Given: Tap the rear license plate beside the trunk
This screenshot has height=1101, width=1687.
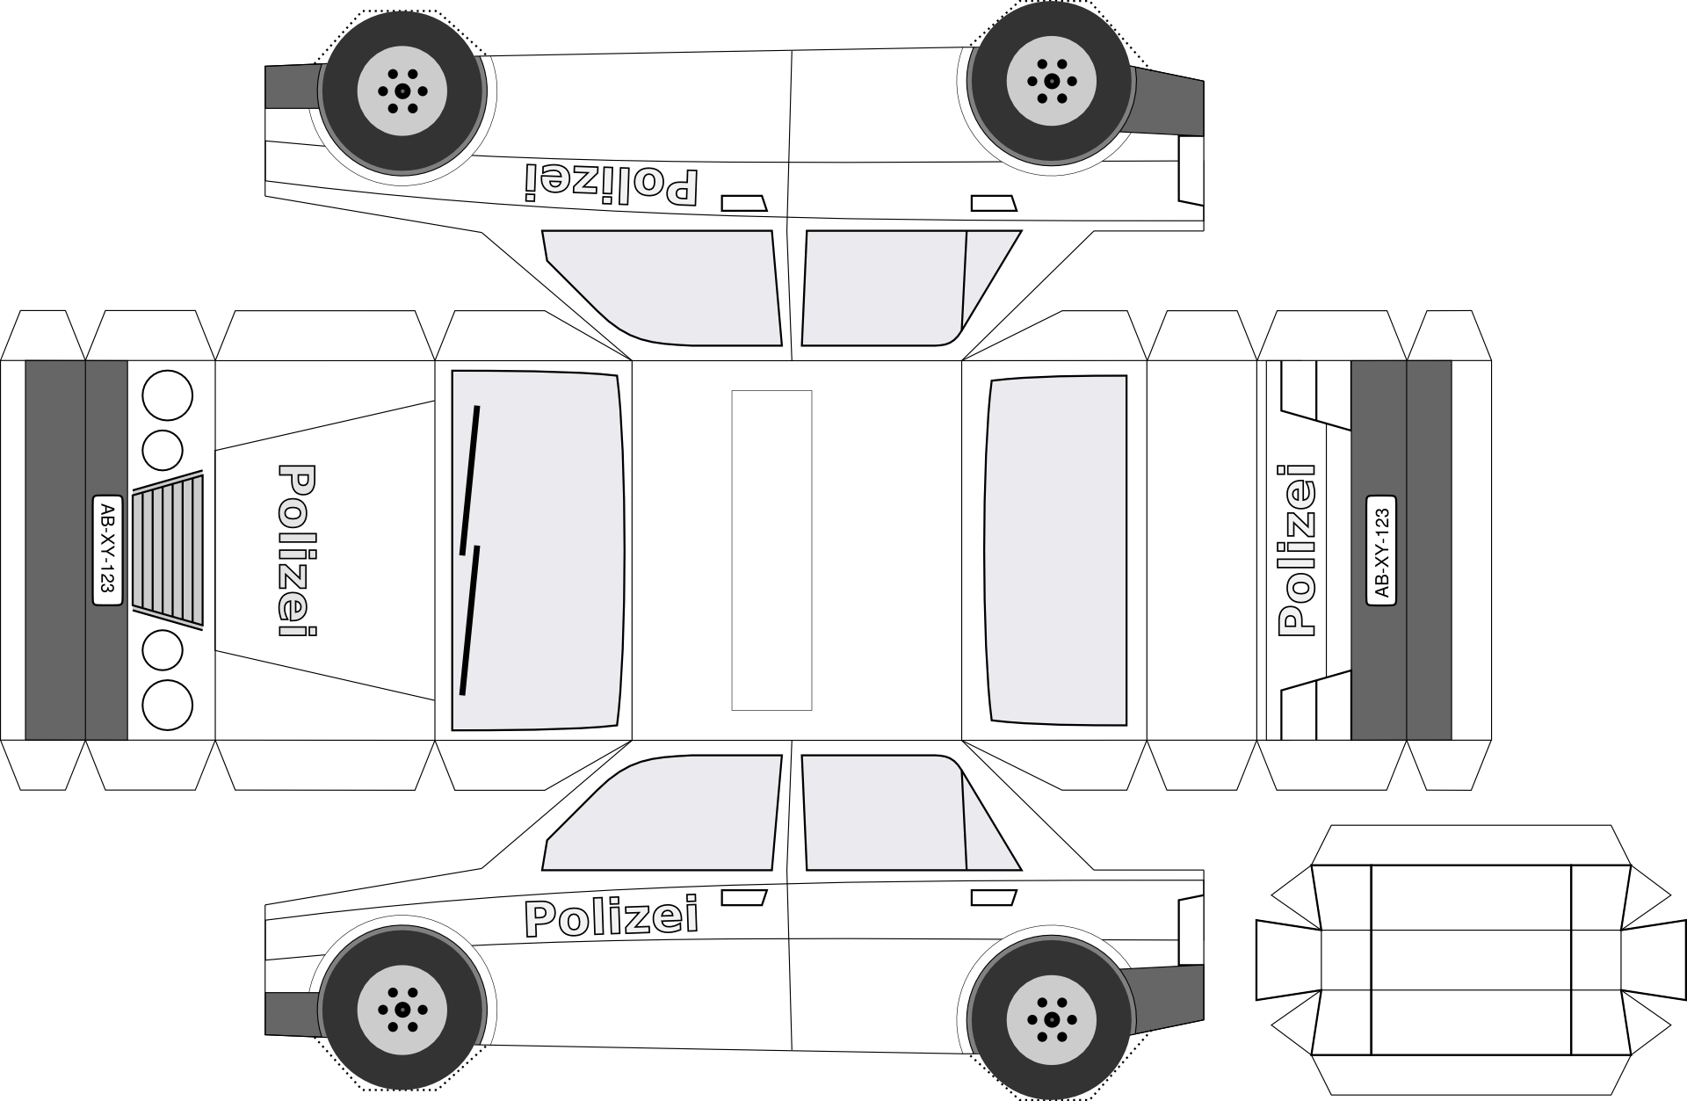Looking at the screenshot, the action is (x=1381, y=550).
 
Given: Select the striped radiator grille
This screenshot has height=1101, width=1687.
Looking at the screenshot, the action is (x=168, y=550).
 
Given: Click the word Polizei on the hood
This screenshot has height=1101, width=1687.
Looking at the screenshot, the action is (x=297, y=550).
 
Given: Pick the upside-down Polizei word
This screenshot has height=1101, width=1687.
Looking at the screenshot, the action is (x=612, y=184).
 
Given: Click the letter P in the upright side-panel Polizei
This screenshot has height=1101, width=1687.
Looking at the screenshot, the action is (x=541, y=919).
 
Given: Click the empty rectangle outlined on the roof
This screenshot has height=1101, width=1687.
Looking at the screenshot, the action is (x=771, y=550).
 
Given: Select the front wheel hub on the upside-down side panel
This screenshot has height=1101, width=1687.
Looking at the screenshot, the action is (x=402, y=90).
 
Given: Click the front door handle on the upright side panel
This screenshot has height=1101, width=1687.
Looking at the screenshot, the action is (x=744, y=897).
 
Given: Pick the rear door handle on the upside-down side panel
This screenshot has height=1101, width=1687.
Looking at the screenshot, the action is (x=994, y=203).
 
